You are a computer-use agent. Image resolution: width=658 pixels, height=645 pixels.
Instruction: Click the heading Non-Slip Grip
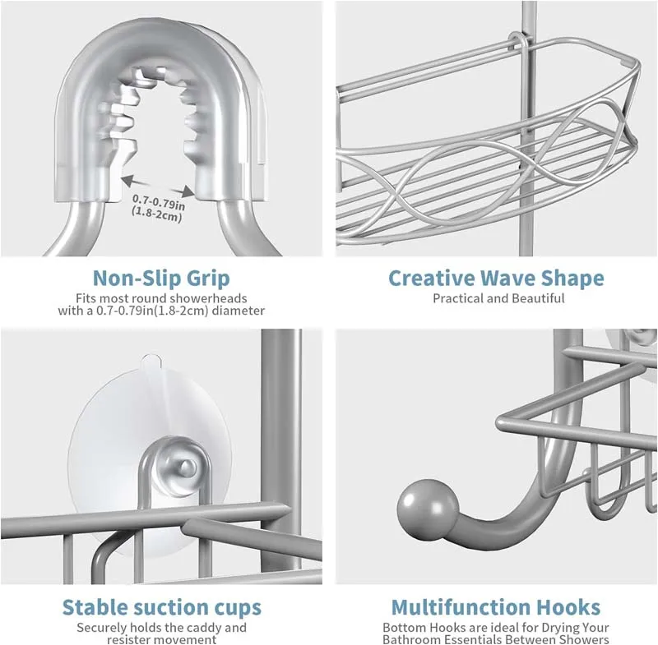pyautogui.click(x=161, y=278)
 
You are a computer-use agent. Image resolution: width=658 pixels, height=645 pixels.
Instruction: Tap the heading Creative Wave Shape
pyautogui.click(x=496, y=278)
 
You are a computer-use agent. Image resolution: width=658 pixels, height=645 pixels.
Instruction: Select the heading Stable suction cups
pyautogui.click(x=162, y=608)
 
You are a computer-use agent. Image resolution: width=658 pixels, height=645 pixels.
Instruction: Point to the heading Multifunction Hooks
pyautogui.click(x=496, y=608)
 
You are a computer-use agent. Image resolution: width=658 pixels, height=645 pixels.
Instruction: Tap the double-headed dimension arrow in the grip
pyautogui.click(x=159, y=182)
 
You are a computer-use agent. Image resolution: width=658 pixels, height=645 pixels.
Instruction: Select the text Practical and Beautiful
pyautogui.click(x=498, y=298)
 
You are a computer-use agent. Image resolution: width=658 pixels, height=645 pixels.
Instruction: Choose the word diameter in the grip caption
pyautogui.click(x=239, y=311)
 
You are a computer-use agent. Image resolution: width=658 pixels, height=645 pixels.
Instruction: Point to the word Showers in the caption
pyautogui.click(x=586, y=639)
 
